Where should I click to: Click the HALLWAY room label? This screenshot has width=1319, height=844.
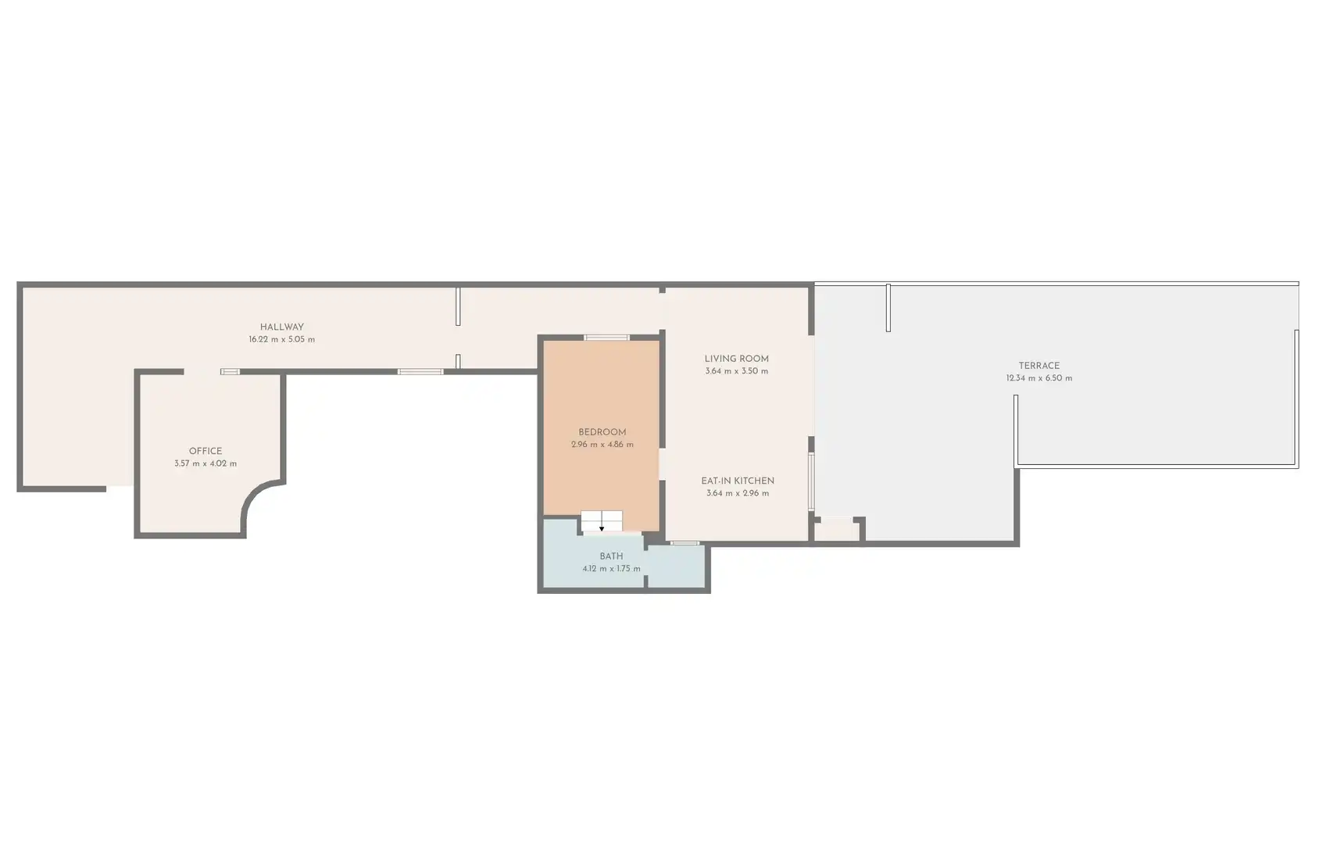tap(282, 327)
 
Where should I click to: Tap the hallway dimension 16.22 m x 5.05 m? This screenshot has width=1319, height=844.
tap(282, 340)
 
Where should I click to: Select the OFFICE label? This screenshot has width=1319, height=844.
tap(206, 451)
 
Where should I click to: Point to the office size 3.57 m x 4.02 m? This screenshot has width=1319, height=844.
tap(206, 463)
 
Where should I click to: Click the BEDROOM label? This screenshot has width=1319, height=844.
tap(602, 432)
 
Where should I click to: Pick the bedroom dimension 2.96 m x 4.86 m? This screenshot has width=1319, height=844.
tap(602, 445)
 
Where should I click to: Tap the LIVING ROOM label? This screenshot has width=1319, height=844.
tap(737, 359)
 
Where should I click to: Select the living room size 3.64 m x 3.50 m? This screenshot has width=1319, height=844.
tap(737, 371)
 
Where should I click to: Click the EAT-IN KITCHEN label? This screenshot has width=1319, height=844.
tap(738, 481)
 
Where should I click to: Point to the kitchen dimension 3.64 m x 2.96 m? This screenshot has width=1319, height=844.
tap(738, 494)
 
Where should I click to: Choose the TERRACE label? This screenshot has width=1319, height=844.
tap(1039, 366)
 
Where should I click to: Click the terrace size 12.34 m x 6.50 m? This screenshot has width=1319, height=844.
tap(1039, 378)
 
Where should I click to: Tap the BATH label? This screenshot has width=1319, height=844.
tap(611, 556)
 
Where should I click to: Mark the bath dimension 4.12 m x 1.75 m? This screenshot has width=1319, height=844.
tap(611, 569)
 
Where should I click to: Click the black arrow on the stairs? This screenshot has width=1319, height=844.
tap(602, 528)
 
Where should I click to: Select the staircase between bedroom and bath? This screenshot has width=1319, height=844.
tap(602, 522)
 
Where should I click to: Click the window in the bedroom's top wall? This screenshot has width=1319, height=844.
tap(607, 338)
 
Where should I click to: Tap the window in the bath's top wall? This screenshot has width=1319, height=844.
tap(685, 543)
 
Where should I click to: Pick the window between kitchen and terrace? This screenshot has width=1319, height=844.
tap(811, 481)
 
